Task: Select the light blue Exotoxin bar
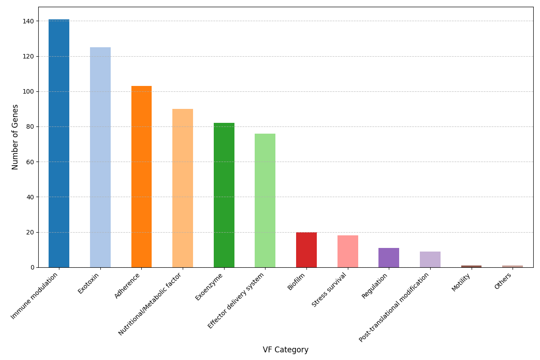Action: click(x=100, y=157)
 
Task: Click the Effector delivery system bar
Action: click(x=265, y=200)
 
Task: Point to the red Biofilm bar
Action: click(x=306, y=250)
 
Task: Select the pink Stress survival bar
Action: click(x=347, y=251)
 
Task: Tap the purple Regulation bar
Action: click(x=389, y=257)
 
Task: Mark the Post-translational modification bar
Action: click(x=430, y=259)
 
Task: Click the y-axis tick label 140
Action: click(x=28, y=21)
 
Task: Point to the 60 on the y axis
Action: click(x=30, y=162)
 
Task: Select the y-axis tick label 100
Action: click(x=28, y=91)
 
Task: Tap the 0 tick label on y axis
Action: click(x=32, y=267)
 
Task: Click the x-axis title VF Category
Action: click(x=285, y=350)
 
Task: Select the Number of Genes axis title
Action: click(x=15, y=137)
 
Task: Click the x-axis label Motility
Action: click(x=461, y=282)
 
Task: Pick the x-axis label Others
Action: click(x=503, y=281)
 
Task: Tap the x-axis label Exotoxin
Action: click(x=89, y=283)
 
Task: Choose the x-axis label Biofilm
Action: click(x=297, y=282)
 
